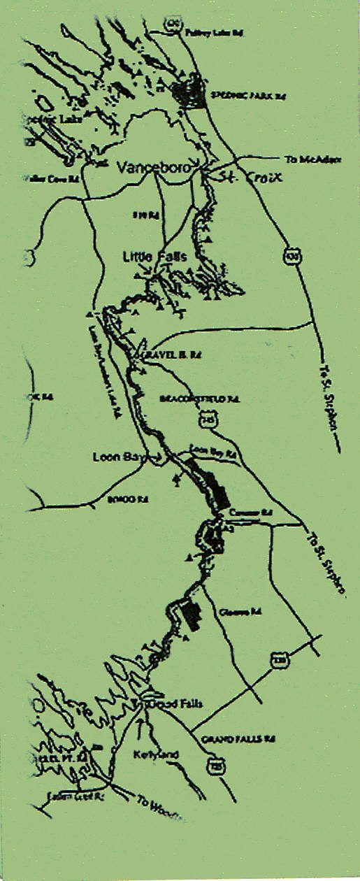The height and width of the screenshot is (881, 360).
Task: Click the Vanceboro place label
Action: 150,168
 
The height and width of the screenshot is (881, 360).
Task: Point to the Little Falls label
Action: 154,257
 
